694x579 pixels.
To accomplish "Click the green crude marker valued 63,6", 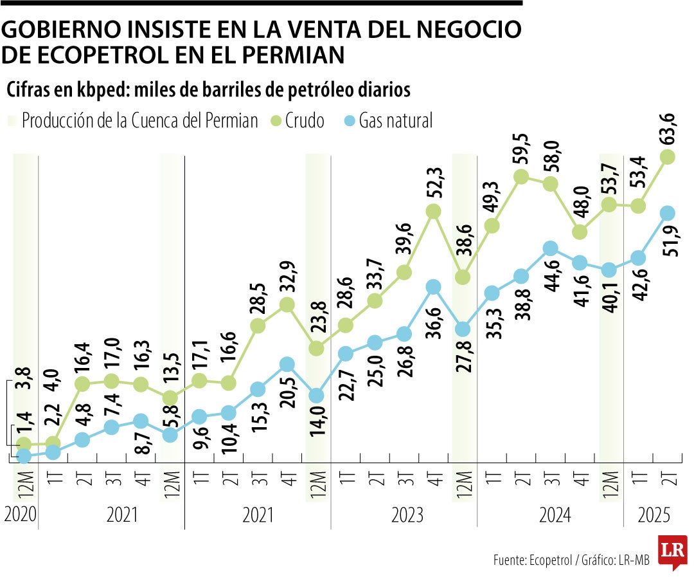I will (x=668, y=156).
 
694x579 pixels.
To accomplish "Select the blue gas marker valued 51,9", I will (x=668, y=213).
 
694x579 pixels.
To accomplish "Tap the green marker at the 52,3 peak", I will (x=433, y=211).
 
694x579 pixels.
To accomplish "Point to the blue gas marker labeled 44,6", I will (x=550, y=248).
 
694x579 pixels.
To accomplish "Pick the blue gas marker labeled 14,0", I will (x=316, y=395).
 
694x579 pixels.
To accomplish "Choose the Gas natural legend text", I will (x=396, y=120).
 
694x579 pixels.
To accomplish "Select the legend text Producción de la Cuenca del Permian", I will (x=139, y=120).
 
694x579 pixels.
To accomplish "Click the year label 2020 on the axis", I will (x=19, y=515).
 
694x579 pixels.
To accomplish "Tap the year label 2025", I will (x=654, y=515).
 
